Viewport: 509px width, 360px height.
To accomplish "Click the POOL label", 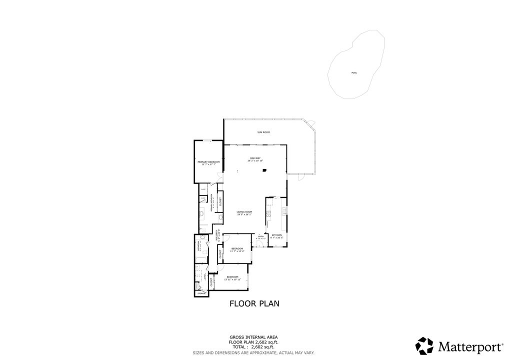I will point(354,73).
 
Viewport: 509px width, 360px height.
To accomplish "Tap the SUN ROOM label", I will point(263,132).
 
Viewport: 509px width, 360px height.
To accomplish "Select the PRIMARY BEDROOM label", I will point(208,163).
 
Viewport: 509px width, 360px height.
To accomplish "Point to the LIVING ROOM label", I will point(244,213).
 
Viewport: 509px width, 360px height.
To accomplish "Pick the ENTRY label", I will point(260,237).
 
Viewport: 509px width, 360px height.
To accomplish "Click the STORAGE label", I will point(201,293).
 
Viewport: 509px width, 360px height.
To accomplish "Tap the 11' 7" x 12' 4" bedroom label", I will point(237,250).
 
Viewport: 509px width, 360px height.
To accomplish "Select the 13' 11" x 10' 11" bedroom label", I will point(233,278).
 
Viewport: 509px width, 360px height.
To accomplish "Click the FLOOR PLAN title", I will point(254,303).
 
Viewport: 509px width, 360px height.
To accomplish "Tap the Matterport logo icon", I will point(424,346).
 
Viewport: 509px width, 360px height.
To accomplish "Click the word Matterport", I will point(470,346).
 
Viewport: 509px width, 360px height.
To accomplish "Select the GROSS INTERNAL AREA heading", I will point(253,337).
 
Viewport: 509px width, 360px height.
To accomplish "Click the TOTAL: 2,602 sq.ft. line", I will point(253,346).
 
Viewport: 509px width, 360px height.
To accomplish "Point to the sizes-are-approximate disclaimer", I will point(253,352).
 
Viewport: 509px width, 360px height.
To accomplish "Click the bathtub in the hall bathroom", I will point(201,260).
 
